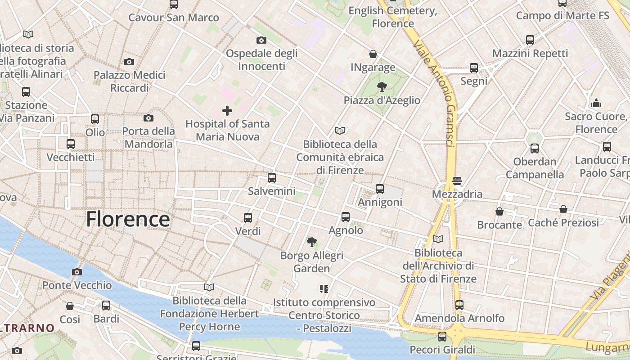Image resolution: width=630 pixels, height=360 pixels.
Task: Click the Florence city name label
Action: (x=128, y=219)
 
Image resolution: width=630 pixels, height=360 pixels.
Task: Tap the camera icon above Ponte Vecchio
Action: (x=77, y=272)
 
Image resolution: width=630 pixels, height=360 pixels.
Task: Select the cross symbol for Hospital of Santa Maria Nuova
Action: (x=227, y=110)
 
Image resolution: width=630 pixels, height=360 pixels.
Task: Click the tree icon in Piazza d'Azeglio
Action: (x=382, y=86)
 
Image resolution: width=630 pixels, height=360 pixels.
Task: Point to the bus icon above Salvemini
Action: (x=272, y=177)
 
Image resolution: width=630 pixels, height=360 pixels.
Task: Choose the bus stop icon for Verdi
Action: (x=248, y=218)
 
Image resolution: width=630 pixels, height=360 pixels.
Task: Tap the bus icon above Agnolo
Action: (x=346, y=217)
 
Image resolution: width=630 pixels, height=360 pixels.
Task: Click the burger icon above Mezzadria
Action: (x=457, y=181)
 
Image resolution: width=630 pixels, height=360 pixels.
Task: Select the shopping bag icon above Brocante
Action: (x=499, y=211)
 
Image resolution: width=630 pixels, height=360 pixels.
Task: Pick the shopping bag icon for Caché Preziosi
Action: (x=563, y=209)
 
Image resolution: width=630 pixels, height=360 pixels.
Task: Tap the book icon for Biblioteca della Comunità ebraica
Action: (x=340, y=131)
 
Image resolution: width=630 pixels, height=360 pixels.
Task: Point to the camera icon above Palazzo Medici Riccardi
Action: (x=129, y=62)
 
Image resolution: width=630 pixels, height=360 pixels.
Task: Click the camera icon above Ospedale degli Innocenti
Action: (x=261, y=40)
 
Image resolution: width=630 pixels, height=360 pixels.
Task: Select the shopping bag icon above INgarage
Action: (x=373, y=54)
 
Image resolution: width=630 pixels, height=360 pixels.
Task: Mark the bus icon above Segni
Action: (x=474, y=68)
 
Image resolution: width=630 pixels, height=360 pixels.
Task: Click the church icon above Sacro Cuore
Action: (x=597, y=103)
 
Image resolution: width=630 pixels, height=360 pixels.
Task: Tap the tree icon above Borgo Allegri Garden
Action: (x=311, y=242)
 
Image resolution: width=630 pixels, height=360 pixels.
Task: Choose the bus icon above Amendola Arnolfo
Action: (x=459, y=305)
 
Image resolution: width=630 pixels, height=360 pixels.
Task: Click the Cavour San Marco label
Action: (x=174, y=18)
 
